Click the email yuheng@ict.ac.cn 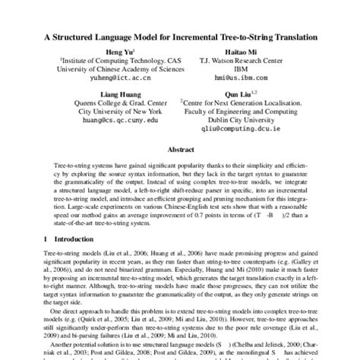coord(103,77)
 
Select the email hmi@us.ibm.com coord(241,77)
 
